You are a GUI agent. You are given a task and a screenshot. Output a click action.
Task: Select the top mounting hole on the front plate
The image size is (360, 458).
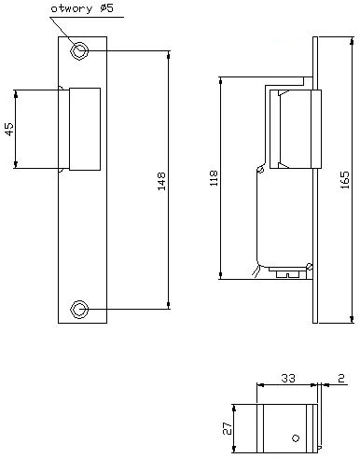[82, 49]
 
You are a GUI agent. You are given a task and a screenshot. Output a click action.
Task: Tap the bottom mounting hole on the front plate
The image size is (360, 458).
[82, 307]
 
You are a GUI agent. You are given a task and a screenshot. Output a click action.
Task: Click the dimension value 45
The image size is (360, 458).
[9, 130]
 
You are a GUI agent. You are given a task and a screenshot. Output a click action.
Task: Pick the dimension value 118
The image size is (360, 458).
[214, 177]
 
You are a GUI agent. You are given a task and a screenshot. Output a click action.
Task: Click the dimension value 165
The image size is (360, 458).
[346, 177]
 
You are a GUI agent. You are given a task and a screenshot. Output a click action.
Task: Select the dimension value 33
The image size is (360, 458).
[288, 379]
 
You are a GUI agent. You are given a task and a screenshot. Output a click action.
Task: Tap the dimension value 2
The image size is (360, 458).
[341, 379]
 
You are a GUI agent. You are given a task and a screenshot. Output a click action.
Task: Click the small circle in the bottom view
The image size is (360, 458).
[295, 437]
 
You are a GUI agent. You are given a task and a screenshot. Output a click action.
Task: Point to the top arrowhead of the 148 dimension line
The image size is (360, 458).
[169, 53]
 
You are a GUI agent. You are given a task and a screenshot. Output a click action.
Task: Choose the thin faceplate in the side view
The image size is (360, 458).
[315, 180]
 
